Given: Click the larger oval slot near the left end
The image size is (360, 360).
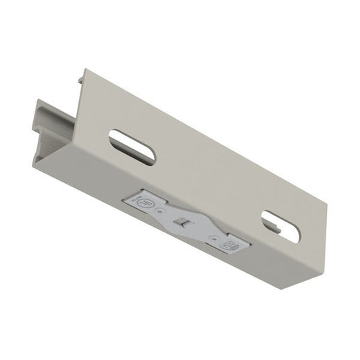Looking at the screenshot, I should (x=132, y=147).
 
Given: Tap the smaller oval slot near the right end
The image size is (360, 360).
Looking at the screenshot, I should (x=280, y=226).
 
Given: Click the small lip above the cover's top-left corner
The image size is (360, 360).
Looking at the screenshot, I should (x=81, y=78).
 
